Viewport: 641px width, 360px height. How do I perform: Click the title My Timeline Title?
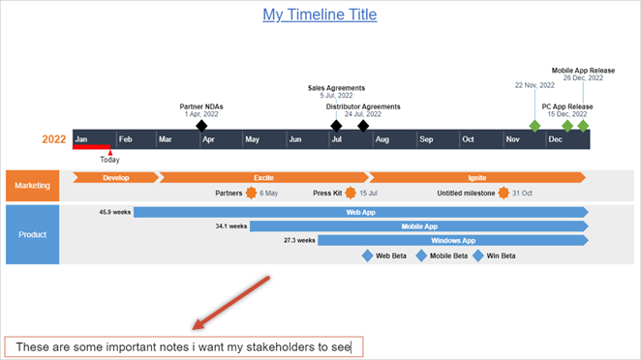[x=320, y=15]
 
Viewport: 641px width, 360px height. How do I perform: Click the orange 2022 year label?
[x=54, y=139]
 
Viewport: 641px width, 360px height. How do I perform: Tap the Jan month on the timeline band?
[x=82, y=139]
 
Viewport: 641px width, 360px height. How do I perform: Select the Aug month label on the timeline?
[x=382, y=139]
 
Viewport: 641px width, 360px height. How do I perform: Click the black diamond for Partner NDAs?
[x=201, y=126]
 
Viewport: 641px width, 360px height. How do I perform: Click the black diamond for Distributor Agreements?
[x=363, y=126]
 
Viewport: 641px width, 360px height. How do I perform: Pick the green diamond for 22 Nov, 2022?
[x=534, y=126]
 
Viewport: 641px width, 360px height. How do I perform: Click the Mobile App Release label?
[x=584, y=71]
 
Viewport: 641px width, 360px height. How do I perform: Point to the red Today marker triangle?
[x=110, y=152]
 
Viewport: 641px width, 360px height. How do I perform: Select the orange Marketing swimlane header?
[x=32, y=185]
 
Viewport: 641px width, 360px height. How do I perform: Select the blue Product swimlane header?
[x=32, y=233]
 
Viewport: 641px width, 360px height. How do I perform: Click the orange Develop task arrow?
[x=115, y=177]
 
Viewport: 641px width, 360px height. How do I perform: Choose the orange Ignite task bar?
[x=476, y=177]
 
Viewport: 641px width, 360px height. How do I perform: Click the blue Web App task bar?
[x=360, y=211]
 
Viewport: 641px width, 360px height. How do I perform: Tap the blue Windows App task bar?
[x=452, y=240]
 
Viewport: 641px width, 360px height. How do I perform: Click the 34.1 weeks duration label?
[x=231, y=225]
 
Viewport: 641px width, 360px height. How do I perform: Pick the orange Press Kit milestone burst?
[x=350, y=193]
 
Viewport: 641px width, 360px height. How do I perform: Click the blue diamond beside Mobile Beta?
[x=421, y=256]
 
